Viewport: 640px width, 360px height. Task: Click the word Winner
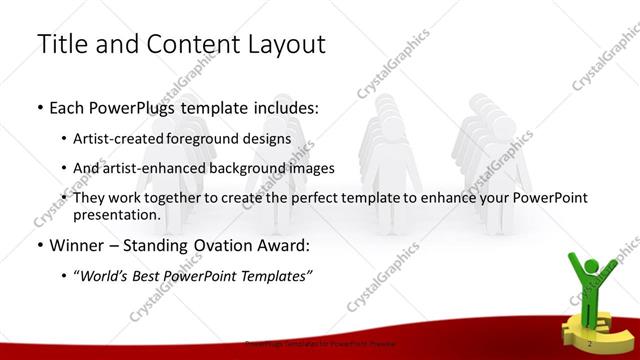coord(76,245)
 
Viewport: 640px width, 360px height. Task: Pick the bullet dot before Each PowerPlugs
coord(39,106)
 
